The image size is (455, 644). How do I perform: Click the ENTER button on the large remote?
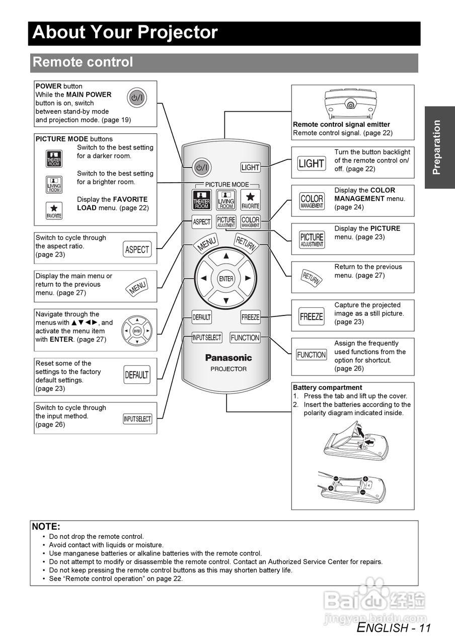(226, 279)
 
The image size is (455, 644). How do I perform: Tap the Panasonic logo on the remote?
(228, 358)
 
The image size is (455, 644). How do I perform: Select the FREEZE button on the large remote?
(250, 317)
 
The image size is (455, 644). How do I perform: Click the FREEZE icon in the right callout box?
(311, 316)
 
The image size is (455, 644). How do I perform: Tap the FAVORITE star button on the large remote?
(250, 199)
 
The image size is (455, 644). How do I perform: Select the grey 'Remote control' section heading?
(83, 62)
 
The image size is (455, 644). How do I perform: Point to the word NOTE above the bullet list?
(46, 526)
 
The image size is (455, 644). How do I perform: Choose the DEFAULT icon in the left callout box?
(136, 375)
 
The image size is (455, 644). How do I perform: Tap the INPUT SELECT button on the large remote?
(206, 338)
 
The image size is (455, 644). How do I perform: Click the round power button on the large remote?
(202, 167)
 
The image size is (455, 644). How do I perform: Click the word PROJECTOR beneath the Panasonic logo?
(228, 369)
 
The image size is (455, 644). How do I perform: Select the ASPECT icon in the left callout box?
(137, 249)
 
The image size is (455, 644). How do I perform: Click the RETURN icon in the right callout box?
(311, 277)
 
